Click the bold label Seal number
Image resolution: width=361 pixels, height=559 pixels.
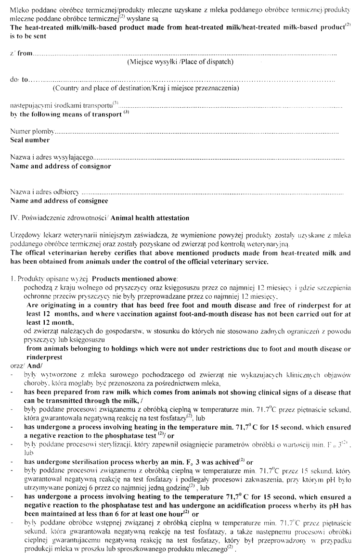point(30,140)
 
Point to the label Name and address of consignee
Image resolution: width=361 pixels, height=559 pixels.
point(59,201)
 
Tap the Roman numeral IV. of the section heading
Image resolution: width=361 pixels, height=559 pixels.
point(13,218)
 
